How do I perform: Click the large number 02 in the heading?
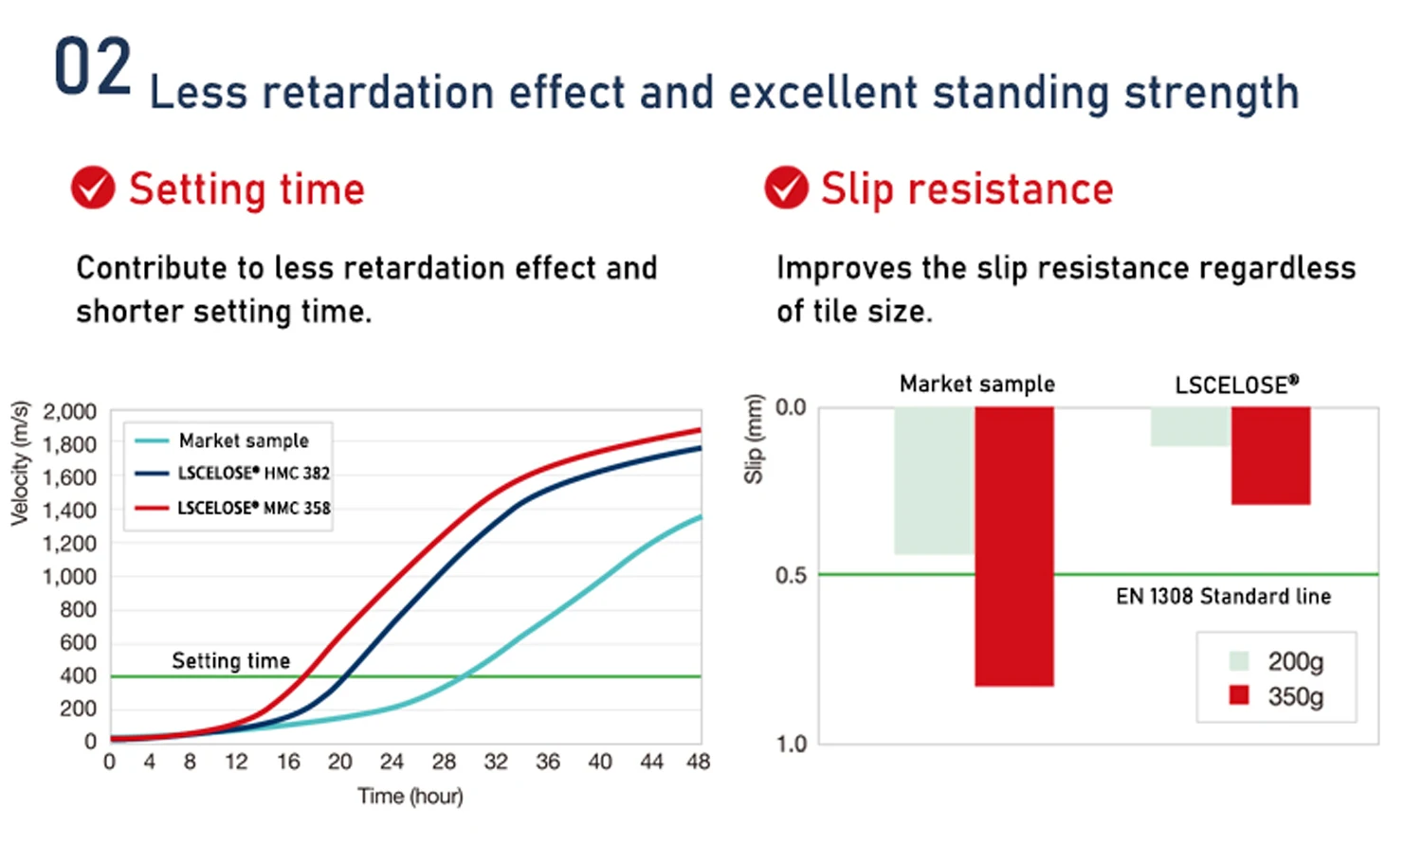(92, 67)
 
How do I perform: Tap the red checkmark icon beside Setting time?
(93, 188)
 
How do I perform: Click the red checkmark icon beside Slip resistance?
(786, 188)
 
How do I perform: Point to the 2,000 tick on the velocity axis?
(69, 412)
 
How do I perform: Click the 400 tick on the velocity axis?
(78, 675)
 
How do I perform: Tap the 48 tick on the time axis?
(699, 762)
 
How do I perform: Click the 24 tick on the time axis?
(392, 762)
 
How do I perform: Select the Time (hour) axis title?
(410, 796)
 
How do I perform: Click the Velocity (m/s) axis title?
(20, 463)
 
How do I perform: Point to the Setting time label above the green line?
(230, 660)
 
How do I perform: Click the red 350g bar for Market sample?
(1014, 546)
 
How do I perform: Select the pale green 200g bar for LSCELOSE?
(1190, 426)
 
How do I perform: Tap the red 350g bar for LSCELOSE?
(1270, 456)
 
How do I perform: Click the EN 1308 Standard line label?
(1223, 596)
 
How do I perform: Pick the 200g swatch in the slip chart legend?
(1238, 660)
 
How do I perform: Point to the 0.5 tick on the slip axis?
(791, 576)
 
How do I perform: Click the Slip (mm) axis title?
(754, 439)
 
